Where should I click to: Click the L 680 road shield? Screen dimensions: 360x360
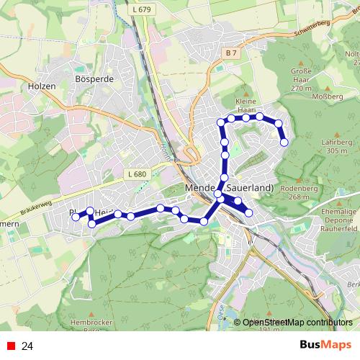coord(135,174)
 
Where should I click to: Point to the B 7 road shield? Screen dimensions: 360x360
coord(230,54)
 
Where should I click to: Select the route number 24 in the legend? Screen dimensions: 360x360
coord(27,346)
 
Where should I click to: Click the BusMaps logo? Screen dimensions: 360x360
coord(324,346)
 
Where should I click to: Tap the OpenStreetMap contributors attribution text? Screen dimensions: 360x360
coord(296,323)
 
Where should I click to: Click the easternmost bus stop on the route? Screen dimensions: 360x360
coord(284,143)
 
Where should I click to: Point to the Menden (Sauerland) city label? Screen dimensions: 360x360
coord(230,188)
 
